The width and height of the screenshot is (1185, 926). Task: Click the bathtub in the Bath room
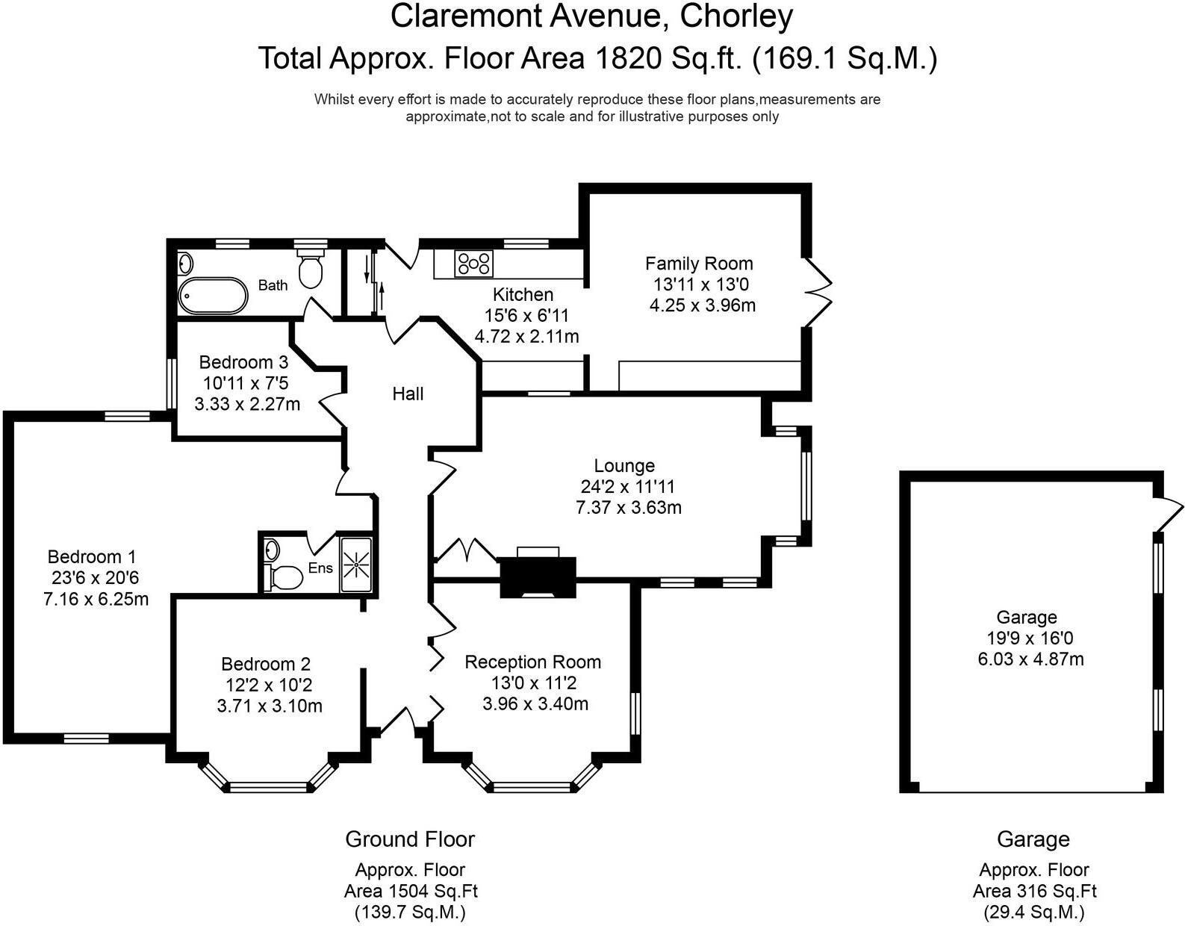pos(213,296)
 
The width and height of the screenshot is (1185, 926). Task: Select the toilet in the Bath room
pos(311,270)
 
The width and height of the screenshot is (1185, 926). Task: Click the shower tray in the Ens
pos(356,565)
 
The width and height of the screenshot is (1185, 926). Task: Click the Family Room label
pos(699,264)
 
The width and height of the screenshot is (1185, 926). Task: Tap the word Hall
pos(408,394)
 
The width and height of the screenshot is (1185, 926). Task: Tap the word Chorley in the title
pos(735,16)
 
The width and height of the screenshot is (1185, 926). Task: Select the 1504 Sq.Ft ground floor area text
pos(433,891)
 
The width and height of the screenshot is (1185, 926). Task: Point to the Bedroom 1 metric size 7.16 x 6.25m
pos(96,599)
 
